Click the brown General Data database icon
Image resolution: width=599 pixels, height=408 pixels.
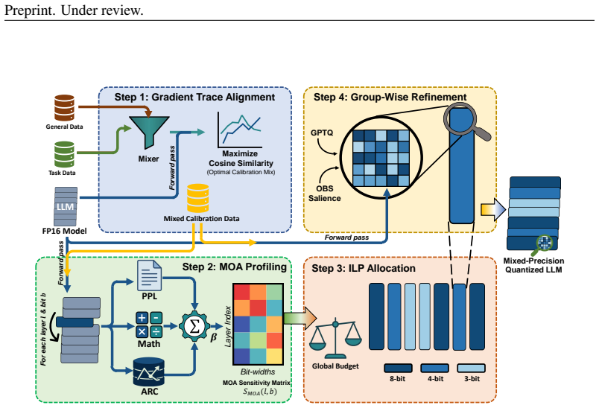64,108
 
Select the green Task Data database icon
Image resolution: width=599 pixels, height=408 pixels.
64,154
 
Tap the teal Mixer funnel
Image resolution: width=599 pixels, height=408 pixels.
149,132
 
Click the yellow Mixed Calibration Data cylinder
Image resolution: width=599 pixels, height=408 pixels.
198,198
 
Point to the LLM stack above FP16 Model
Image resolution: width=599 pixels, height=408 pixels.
66,206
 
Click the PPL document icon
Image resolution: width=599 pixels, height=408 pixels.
149,275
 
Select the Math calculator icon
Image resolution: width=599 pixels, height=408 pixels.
149,325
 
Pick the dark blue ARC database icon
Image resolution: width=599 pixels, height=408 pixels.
148,372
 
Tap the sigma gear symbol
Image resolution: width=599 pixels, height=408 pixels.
194,326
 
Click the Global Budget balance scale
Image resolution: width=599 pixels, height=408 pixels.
335,338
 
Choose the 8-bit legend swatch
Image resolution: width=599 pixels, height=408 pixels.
398,368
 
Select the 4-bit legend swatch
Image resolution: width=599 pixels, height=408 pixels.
435,368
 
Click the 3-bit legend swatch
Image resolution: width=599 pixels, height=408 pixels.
472,368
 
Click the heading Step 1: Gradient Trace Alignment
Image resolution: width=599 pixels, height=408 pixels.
194,97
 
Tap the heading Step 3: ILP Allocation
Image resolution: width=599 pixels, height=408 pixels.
364,268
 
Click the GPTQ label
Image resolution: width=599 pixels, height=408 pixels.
322,133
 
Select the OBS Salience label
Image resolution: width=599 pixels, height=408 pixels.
325,194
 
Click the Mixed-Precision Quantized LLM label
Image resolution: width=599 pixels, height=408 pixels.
533,265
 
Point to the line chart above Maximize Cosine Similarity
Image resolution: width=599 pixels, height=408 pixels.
239,130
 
